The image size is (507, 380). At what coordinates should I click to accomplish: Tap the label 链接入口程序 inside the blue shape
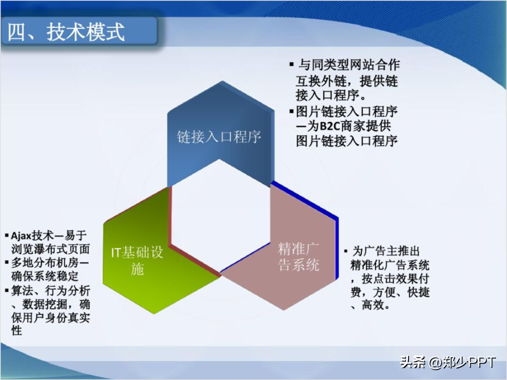pyautogui.click(x=219, y=136)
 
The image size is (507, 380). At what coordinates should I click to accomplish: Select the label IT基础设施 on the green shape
pyautogui.click(x=137, y=261)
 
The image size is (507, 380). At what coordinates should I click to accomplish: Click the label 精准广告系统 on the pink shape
pyautogui.click(x=298, y=256)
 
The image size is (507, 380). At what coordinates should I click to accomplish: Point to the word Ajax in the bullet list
pyautogui.click(x=21, y=236)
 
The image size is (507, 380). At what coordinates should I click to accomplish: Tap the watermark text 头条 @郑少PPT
pyautogui.click(x=448, y=362)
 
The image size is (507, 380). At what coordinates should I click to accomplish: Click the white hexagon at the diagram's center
pyautogui.click(x=220, y=216)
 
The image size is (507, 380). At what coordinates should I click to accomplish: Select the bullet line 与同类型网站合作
pyautogui.click(x=349, y=65)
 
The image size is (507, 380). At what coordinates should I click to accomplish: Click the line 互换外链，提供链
pyautogui.click(x=347, y=81)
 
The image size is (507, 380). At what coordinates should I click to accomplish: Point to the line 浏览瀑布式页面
pyautogui.click(x=50, y=249)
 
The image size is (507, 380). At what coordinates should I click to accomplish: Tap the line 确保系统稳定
pyautogui.click(x=45, y=276)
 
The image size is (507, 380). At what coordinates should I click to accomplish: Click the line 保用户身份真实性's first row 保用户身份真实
pyautogui.click(x=50, y=318)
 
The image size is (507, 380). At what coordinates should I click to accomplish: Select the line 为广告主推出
pyautogui.click(x=386, y=251)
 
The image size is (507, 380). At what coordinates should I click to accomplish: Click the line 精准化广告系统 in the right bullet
pyautogui.click(x=390, y=265)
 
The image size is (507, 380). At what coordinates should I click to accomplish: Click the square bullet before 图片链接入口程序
pyautogui.click(x=292, y=112)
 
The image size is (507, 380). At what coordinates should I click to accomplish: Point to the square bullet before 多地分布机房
pyautogui.click(x=7, y=263)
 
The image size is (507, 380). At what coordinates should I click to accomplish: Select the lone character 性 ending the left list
pyautogui.click(x=16, y=331)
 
